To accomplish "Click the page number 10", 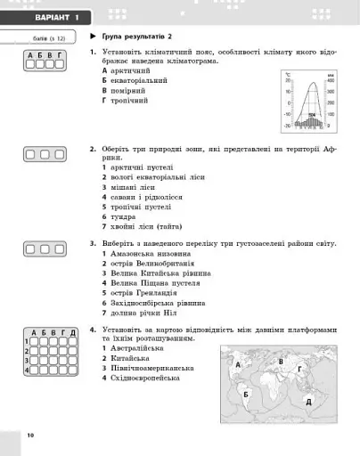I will [x=29, y=435].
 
